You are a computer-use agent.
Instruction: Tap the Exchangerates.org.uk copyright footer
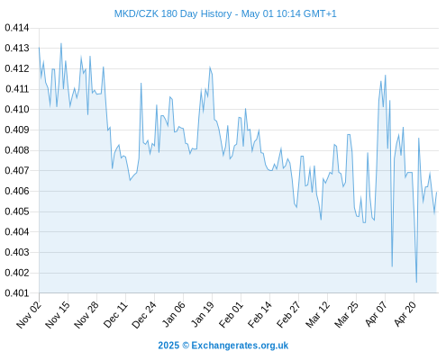(223, 346)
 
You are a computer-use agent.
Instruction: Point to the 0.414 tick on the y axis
(17, 28)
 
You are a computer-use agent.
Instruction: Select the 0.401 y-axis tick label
(17, 292)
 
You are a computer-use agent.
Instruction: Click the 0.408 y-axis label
(17, 150)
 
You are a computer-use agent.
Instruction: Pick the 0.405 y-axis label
(17, 211)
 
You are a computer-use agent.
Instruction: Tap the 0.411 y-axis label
(17, 89)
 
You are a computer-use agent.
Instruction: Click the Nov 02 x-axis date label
(29, 314)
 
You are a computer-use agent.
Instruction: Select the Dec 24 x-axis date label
(144, 314)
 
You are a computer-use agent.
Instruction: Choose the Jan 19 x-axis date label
(202, 314)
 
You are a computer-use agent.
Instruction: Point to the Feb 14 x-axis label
(259, 314)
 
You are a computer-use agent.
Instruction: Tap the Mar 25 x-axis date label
(346, 314)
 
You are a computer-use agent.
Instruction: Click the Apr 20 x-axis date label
(405, 314)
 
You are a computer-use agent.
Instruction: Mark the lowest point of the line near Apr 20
(416, 282)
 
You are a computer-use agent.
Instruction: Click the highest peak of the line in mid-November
(61, 43)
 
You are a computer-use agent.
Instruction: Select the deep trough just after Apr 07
(392, 266)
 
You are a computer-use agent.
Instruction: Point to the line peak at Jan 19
(210, 67)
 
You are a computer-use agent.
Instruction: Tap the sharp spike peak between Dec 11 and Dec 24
(141, 83)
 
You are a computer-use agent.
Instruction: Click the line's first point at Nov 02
(39, 48)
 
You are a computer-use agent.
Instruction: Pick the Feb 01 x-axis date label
(231, 314)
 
